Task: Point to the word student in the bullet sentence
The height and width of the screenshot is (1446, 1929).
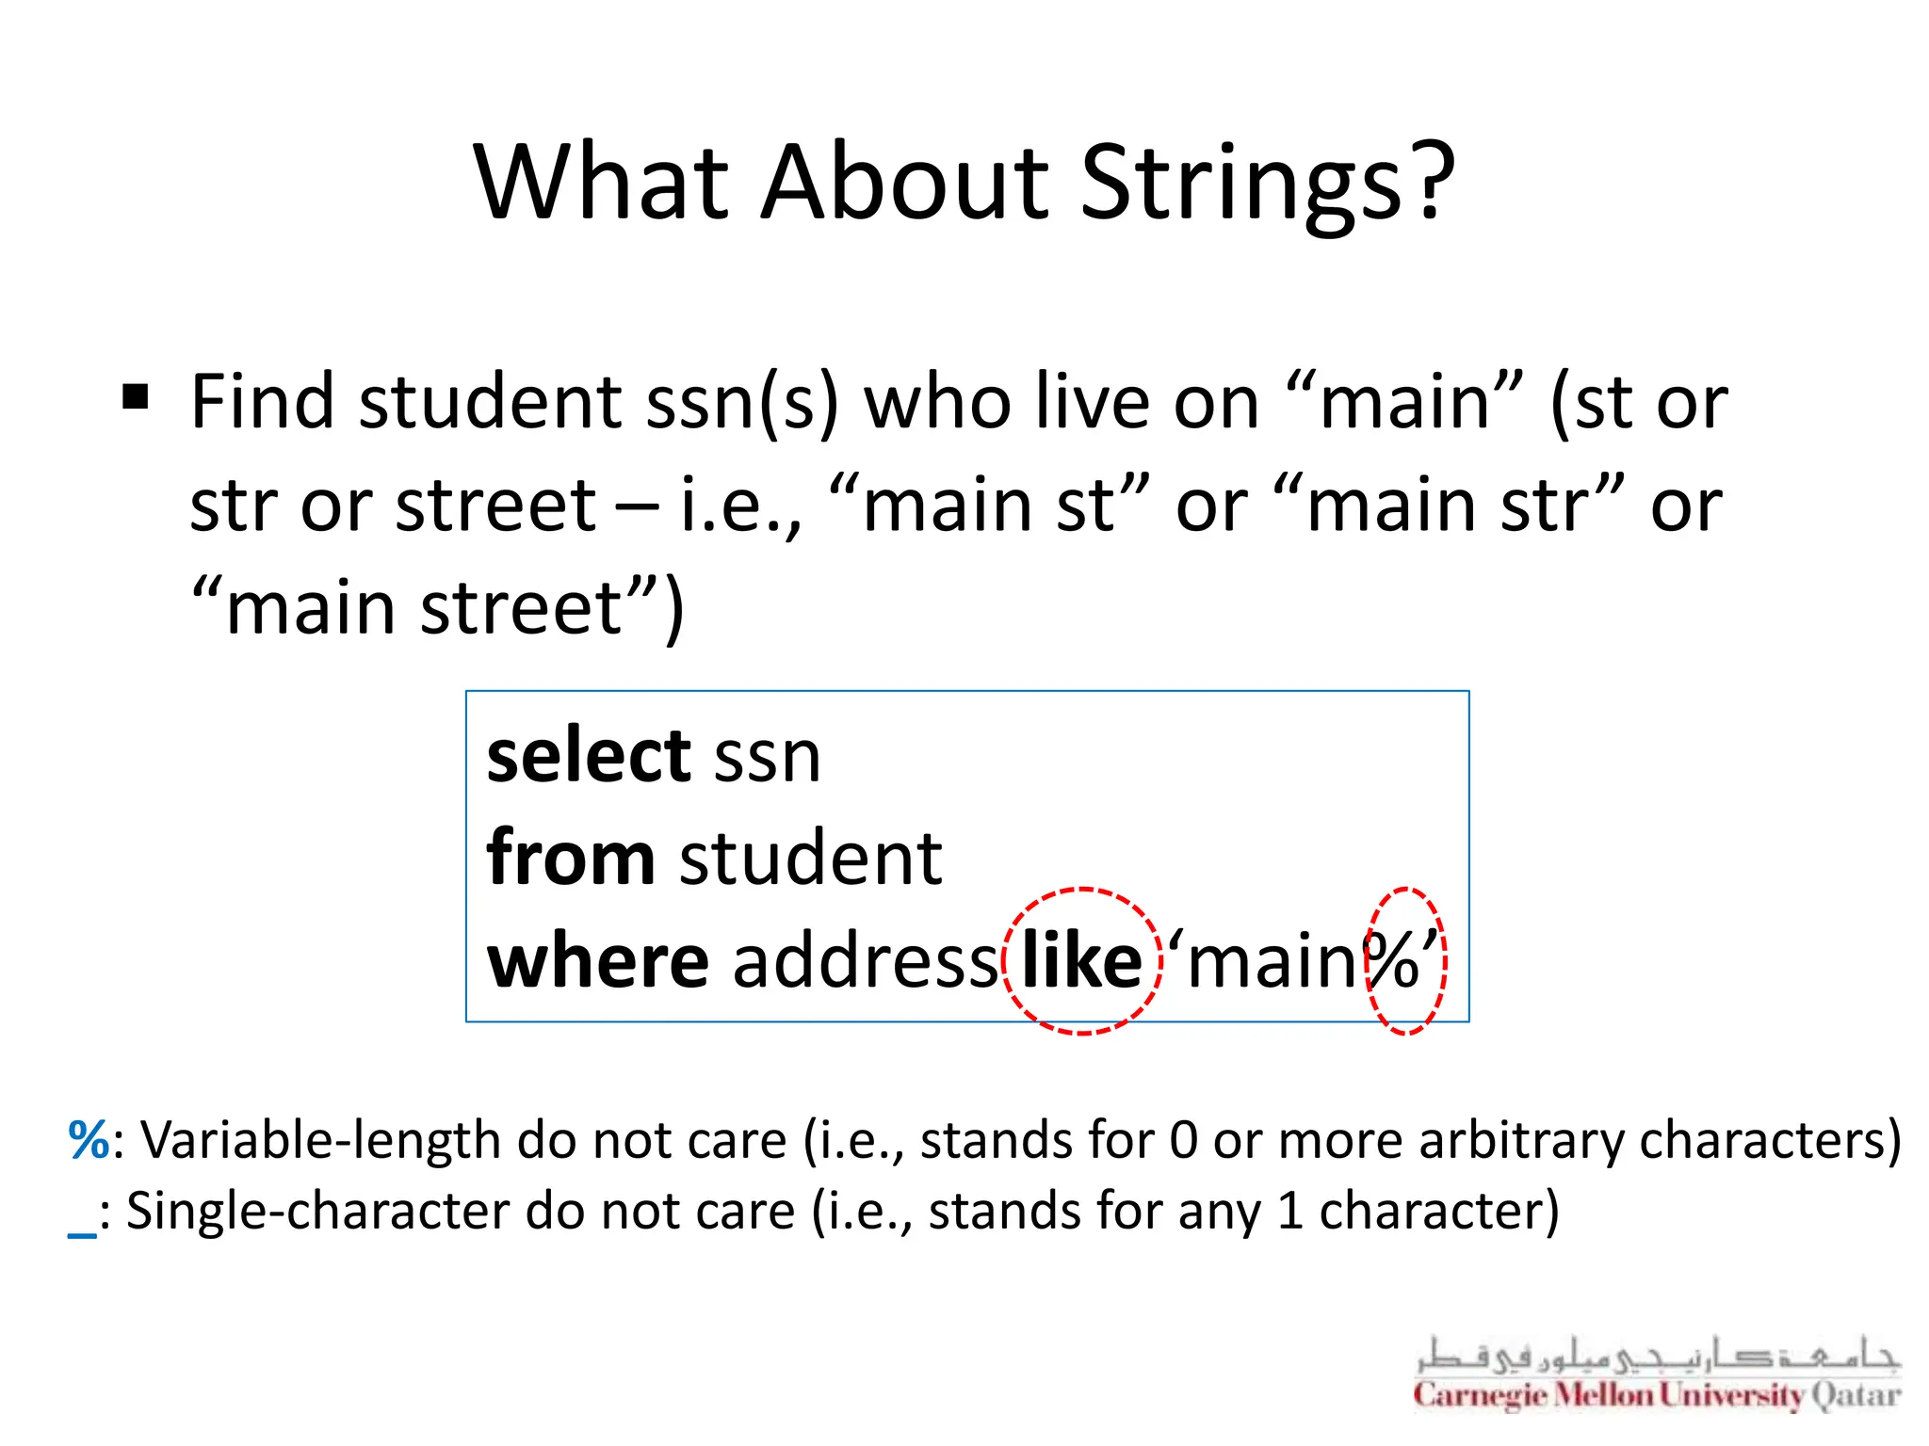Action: click(x=490, y=402)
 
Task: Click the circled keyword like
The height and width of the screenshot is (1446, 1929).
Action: click(x=1082, y=961)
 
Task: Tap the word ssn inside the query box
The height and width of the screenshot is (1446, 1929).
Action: click(x=768, y=758)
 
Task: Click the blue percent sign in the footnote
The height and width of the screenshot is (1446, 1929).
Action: click(x=89, y=1140)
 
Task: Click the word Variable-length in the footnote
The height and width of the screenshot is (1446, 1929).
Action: click(x=320, y=1141)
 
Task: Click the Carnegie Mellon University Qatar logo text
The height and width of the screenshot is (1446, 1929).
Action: click(x=1656, y=1394)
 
